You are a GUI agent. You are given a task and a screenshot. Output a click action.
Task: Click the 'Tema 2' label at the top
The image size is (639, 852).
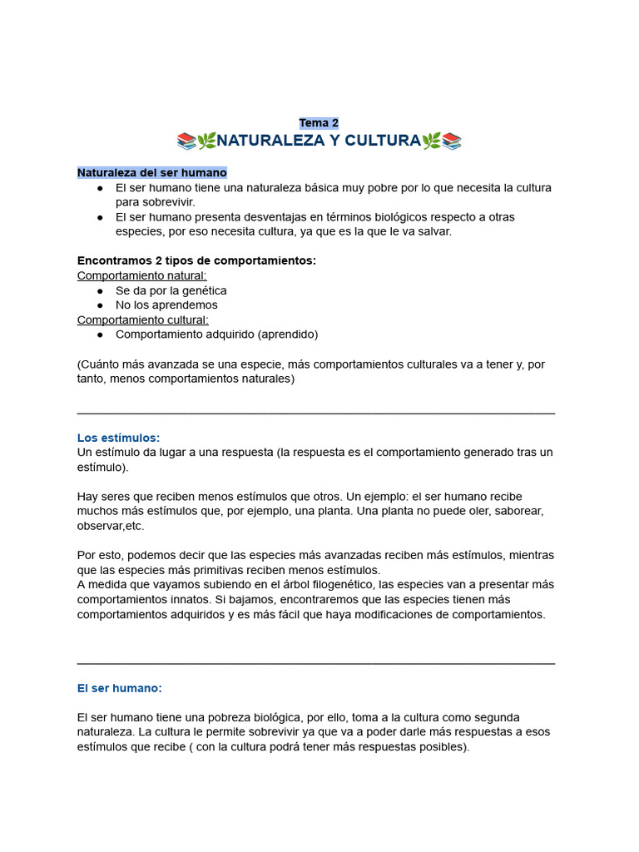(319, 123)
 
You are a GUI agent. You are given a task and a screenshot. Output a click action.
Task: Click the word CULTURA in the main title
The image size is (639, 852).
(383, 141)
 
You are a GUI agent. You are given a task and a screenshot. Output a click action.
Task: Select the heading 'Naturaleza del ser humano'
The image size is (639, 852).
(151, 173)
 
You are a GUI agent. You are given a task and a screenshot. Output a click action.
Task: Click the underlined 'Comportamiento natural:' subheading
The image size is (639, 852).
(141, 275)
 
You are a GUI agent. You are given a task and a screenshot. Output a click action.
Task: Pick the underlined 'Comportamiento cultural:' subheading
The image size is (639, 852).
(142, 319)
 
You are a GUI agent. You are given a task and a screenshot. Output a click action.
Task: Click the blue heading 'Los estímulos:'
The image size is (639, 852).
(118, 438)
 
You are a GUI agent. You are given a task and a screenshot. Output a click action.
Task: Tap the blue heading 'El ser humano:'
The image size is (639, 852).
(119, 688)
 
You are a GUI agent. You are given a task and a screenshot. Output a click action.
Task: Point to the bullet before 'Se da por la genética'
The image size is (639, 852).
(100, 290)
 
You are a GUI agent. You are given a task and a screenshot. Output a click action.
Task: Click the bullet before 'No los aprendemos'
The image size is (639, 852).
(100, 305)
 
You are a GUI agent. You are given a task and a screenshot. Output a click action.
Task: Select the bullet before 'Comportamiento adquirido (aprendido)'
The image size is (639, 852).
(100, 334)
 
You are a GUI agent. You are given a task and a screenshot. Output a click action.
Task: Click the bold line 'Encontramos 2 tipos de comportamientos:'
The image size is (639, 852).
(196, 260)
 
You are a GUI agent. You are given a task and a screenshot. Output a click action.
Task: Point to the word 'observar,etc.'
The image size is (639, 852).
(111, 526)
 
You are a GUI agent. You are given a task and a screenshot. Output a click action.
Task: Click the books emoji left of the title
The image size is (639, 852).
(186, 141)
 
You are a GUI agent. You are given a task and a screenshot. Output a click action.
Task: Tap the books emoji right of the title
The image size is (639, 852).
(452, 141)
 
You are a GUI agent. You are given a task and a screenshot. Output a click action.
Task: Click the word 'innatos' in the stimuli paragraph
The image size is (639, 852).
(223, 599)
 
